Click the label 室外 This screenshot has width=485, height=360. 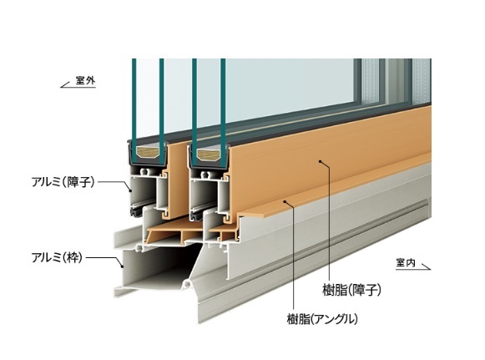85,81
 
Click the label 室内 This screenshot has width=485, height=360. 405,263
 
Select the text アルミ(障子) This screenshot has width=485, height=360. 63,182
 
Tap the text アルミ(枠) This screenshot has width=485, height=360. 57,257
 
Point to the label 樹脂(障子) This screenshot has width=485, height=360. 351,290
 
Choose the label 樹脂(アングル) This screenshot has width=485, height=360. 322,319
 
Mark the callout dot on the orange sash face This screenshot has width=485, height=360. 321,161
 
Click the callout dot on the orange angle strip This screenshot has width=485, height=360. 285,201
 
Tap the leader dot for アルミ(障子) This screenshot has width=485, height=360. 130,191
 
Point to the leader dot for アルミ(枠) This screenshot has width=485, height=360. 122,266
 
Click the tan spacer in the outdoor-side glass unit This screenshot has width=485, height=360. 148,153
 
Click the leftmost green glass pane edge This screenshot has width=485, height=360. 134,111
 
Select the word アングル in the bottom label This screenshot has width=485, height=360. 331,319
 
